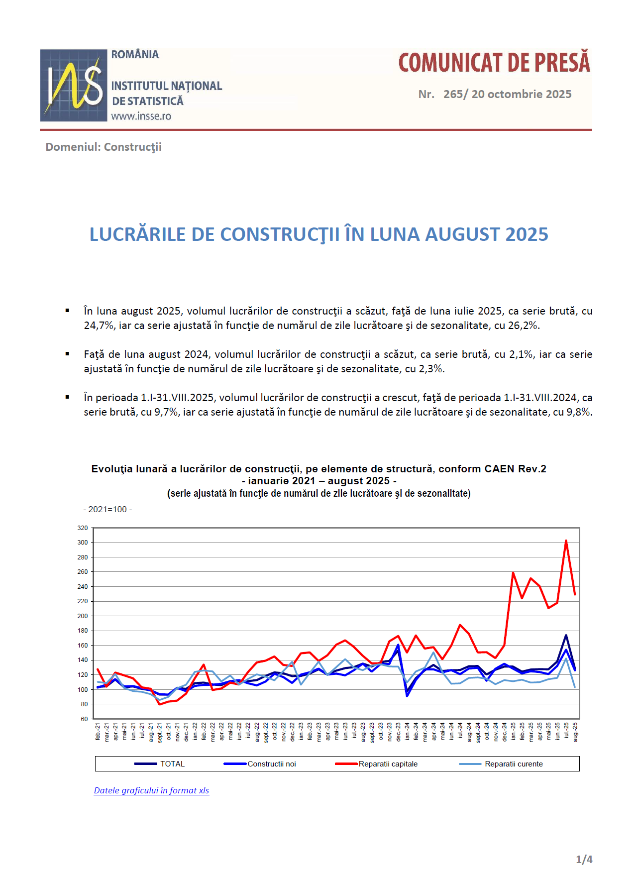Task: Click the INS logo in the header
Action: click(73, 85)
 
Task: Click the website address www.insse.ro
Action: click(141, 116)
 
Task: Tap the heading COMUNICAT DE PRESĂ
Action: click(494, 63)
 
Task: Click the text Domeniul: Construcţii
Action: click(104, 147)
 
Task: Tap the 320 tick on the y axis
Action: click(83, 528)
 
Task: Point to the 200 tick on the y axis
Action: click(83, 616)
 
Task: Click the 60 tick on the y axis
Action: click(84, 719)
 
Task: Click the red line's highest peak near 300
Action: click(566, 541)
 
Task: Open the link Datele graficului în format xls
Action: click(151, 790)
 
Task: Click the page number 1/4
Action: click(584, 859)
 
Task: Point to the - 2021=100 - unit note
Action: click(107, 509)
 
